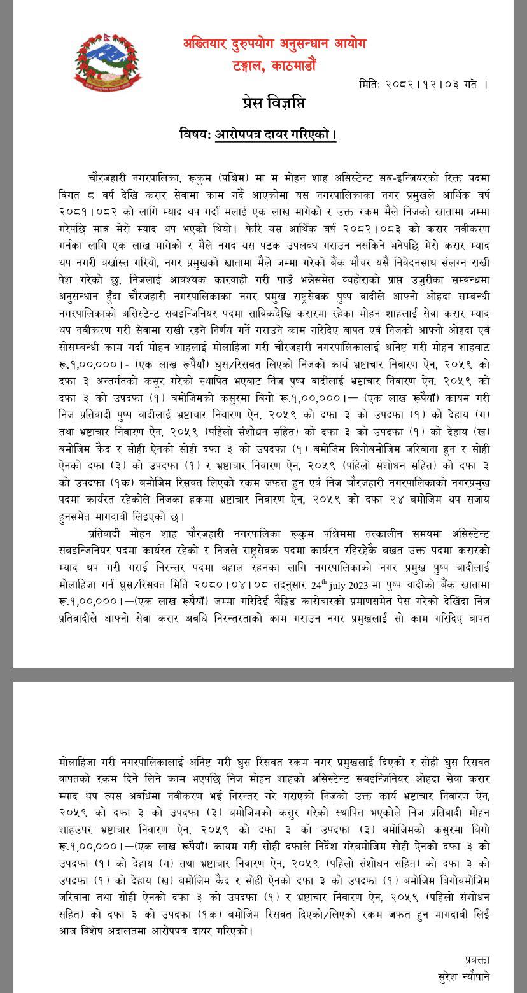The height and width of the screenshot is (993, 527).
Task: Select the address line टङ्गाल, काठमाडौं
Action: click(x=274, y=65)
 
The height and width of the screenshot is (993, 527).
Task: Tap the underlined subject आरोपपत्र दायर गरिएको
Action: click(x=276, y=135)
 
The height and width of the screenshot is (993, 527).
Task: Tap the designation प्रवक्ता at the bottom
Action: click(x=477, y=959)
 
